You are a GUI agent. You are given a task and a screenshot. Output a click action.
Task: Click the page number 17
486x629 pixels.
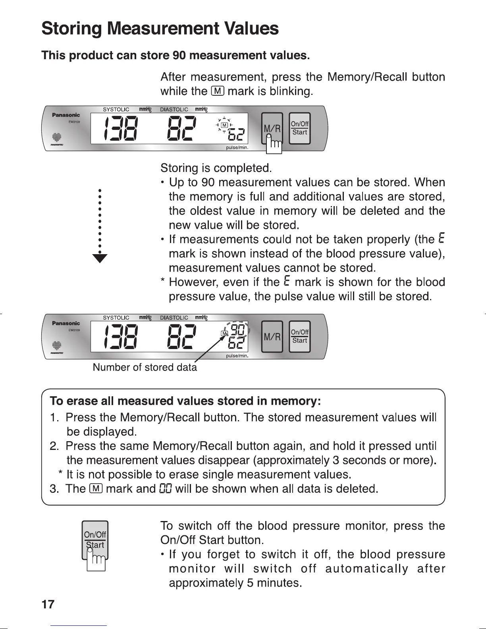48,604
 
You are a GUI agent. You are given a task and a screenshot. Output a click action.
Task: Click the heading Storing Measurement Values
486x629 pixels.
160,28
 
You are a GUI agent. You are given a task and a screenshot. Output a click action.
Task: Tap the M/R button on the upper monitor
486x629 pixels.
272,128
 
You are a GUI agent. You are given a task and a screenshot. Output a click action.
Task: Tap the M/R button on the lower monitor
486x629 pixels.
272,337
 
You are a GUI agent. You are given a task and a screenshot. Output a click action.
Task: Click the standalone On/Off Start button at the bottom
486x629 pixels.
95,540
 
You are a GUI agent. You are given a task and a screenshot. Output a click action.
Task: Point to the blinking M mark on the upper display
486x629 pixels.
224,125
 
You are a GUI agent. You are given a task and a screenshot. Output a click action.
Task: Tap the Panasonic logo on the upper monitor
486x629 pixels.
66,115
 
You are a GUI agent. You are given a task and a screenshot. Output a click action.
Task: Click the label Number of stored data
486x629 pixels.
145,367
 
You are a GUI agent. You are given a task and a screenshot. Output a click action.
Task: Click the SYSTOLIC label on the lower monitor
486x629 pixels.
116,318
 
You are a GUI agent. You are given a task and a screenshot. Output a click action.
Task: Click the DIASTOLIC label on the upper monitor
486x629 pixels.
174,109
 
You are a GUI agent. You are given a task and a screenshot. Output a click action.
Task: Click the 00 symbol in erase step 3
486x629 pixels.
165,488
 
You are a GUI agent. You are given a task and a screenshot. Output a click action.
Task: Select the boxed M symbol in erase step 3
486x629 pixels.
97,488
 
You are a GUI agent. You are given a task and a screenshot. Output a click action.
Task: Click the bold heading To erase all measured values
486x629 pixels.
185,401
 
